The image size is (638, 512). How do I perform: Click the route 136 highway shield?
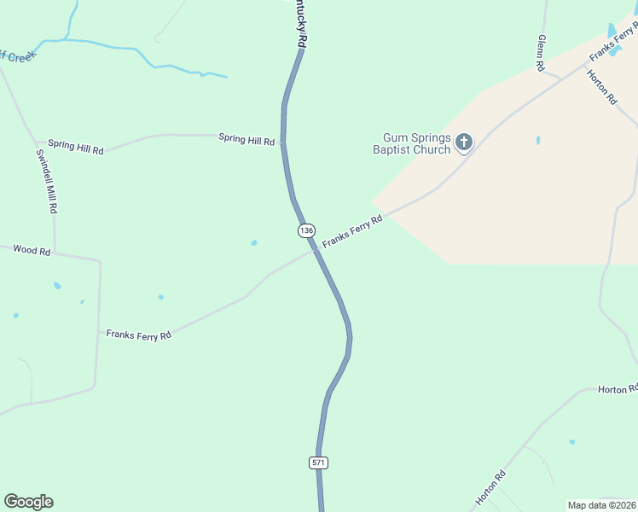point(307,230)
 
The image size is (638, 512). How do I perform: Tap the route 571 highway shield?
point(318,463)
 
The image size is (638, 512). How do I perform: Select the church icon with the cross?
point(464,142)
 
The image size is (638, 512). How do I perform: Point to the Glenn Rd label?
point(541,52)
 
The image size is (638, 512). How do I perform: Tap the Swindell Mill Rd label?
point(47,181)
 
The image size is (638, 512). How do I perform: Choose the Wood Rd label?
point(32,251)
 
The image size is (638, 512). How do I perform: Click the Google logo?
point(28,502)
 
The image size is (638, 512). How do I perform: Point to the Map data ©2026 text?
point(601,505)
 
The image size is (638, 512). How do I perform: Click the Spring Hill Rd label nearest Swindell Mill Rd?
point(75,147)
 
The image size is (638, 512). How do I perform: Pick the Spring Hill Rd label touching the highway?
point(246,138)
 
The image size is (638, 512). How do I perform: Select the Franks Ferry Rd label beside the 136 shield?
point(352,232)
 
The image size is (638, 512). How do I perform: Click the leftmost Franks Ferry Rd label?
point(139,335)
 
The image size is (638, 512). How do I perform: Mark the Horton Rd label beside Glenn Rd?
point(601,86)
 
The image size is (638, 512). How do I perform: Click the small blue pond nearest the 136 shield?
point(254,243)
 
